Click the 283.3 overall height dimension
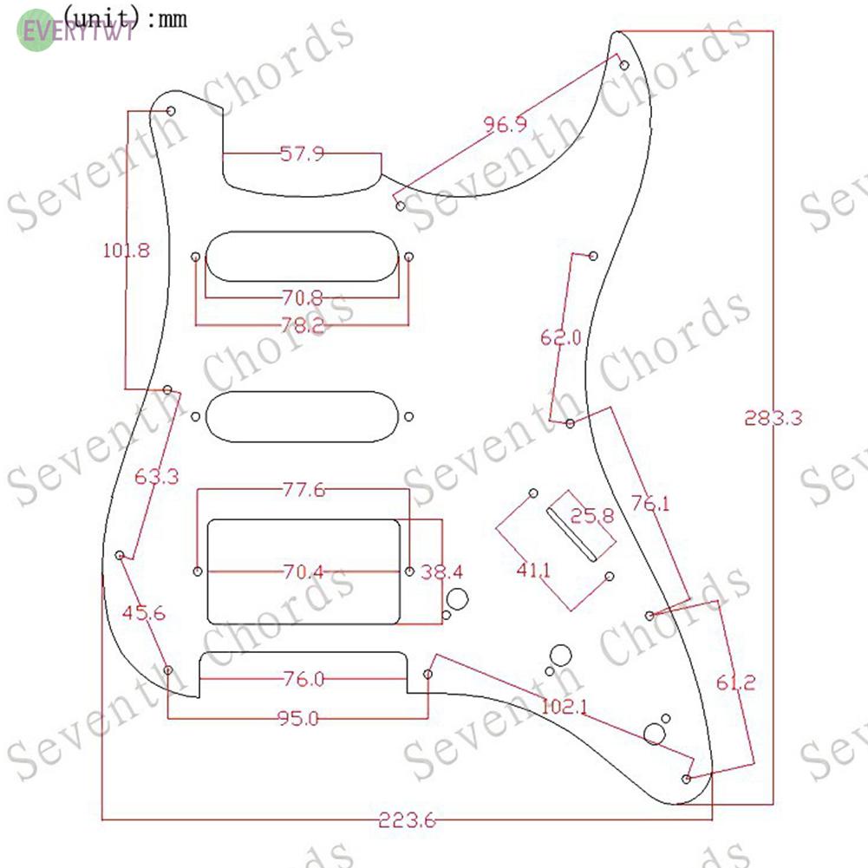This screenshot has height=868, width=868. point(773,417)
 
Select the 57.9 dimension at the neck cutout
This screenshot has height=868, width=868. point(302,154)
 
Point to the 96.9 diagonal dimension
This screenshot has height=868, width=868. point(505,125)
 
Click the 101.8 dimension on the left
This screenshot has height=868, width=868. point(127,251)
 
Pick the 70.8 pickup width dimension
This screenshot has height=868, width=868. point(302,298)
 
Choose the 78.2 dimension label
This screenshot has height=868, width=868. point(302,325)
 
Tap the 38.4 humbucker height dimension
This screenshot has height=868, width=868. point(442,572)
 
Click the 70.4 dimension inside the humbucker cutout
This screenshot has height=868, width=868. point(302,572)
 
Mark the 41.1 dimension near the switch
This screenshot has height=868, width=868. point(533,570)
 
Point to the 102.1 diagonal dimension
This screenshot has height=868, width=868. point(565,707)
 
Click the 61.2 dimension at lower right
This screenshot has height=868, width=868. point(735,682)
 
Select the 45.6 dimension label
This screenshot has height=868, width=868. point(144,613)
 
